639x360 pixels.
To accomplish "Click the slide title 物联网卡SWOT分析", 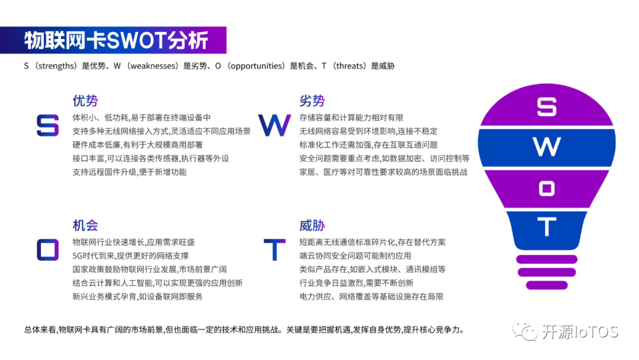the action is click(116, 40).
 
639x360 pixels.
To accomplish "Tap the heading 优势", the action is click(85, 101).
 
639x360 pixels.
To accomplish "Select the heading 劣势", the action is click(312, 101).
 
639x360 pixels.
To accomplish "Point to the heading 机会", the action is click(85, 225).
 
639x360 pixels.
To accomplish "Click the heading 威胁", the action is click(312, 225).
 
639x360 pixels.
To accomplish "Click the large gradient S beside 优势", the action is click(48, 125).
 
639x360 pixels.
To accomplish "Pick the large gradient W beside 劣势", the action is click(275, 125).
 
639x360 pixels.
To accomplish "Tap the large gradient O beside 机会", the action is click(48, 249).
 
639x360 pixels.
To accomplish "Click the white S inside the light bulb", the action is click(547, 107).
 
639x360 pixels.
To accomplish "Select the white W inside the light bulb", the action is click(547, 147).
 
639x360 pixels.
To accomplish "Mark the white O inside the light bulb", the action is click(547, 188).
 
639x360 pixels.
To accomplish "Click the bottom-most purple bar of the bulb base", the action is click(547, 285).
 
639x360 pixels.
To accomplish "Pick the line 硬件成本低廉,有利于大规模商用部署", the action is click(137, 144).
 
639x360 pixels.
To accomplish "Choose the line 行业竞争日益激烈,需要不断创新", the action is click(356, 283).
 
